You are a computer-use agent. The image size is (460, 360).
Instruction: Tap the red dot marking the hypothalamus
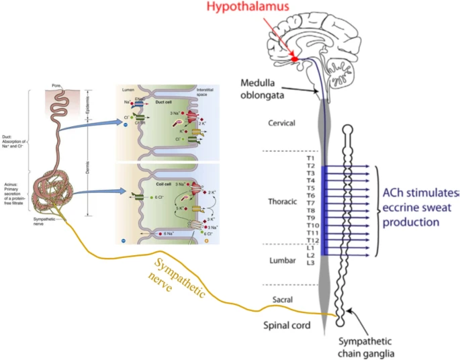tap(295, 60)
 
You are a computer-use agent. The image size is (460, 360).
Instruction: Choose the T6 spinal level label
tap(310, 195)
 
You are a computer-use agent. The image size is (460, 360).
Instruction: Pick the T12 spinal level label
tap(312, 240)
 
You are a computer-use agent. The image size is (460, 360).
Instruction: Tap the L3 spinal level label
tap(310, 263)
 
